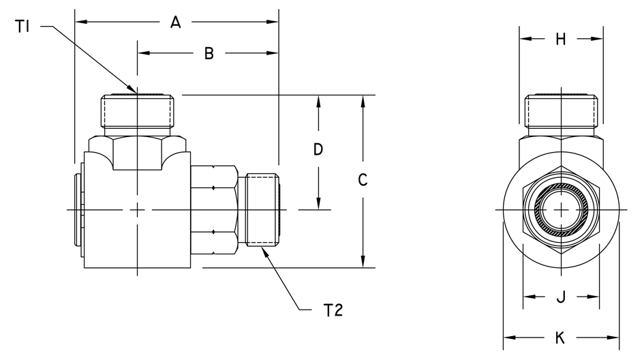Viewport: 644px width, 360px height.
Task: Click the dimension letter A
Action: click(175, 22)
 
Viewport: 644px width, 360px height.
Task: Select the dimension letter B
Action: click(209, 53)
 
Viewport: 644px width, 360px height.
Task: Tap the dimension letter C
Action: click(363, 180)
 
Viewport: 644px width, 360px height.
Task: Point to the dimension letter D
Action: click(318, 149)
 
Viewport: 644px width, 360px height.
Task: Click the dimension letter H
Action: click(561, 40)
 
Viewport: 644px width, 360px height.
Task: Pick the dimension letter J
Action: click(561, 297)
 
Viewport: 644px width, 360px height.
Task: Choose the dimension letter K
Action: click(560, 337)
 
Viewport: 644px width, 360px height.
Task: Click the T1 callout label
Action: click(22, 27)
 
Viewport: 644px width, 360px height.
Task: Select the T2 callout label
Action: click(333, 310)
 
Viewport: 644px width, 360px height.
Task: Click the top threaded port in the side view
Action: click(137, 111)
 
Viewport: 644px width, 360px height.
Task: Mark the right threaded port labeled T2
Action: click(263, 210)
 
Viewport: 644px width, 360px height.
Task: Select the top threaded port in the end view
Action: click(561, 111)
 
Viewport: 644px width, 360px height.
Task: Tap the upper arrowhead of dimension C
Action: click(363, 101)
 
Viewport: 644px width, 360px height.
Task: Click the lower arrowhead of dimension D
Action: click(318, 203)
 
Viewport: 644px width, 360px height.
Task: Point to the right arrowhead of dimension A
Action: click(273, 22)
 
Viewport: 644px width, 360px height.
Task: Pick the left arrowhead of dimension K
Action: click(510, 337)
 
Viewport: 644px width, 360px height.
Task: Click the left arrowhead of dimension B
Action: click(144, 53)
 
